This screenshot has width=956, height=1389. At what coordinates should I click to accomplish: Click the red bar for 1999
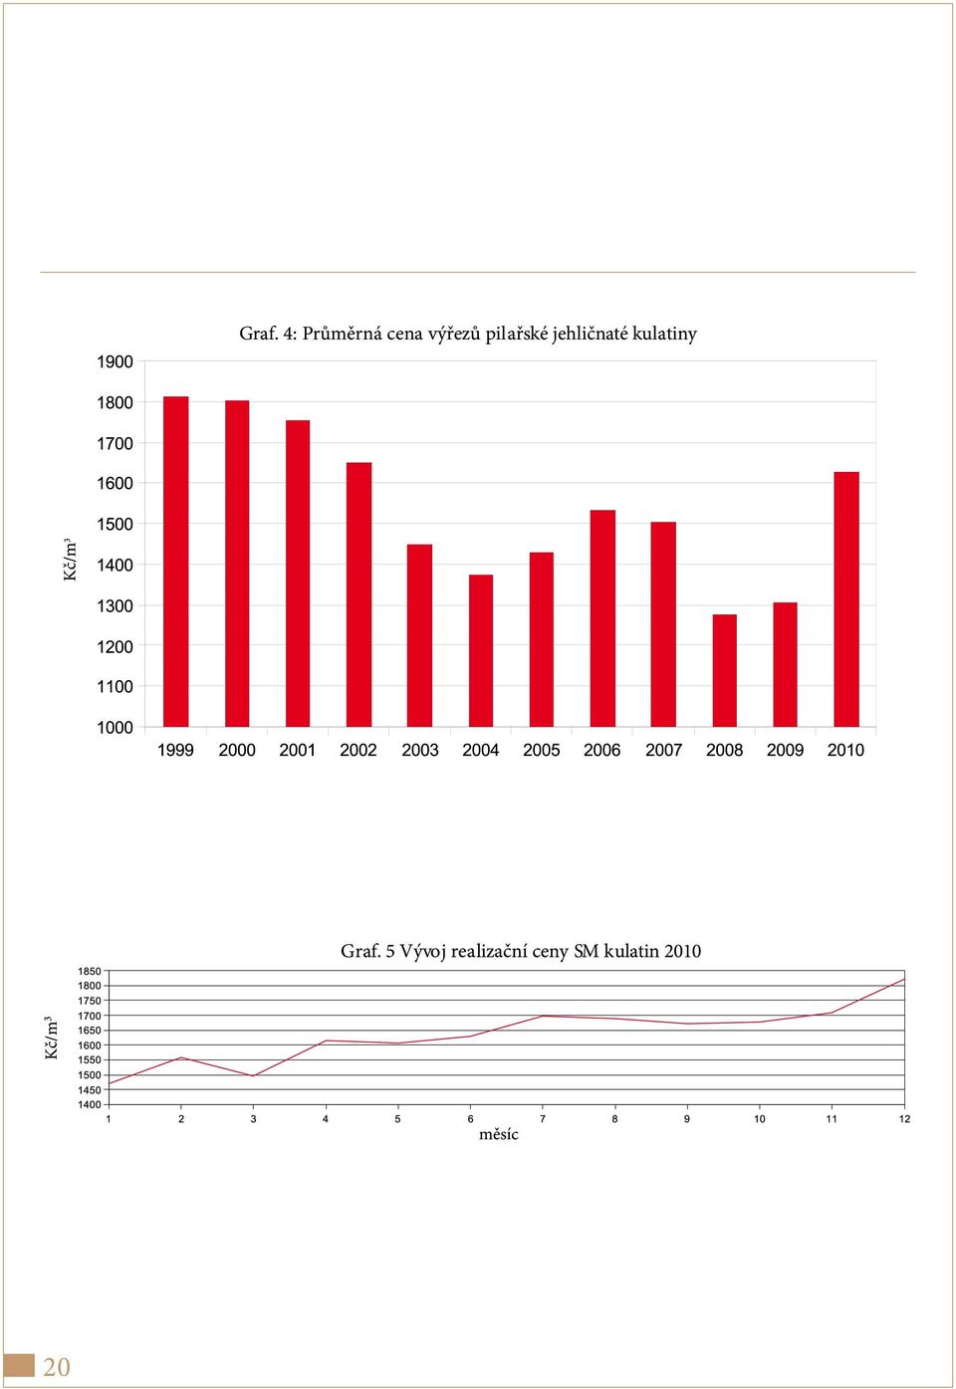175,562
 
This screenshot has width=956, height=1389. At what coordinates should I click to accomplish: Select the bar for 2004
480,650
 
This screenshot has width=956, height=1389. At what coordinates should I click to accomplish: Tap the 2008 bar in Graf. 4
724,670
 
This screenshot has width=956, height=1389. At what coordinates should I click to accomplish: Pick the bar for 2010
846,599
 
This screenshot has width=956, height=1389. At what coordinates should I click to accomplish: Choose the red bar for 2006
602,618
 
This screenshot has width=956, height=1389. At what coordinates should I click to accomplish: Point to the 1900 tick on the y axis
115,362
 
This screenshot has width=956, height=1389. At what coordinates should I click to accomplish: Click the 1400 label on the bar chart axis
115,565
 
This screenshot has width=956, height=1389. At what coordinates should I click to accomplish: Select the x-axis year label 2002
358,751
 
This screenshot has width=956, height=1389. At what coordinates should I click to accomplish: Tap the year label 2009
785,751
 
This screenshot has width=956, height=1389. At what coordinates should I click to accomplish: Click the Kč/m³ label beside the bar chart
70,560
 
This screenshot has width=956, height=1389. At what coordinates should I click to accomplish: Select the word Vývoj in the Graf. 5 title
423,951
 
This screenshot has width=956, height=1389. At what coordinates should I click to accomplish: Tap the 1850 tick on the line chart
90,971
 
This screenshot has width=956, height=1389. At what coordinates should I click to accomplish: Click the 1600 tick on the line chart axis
90,1045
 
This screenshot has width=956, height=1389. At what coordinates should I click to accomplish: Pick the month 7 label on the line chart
543,1119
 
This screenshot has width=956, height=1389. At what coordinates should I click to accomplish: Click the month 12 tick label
904,1119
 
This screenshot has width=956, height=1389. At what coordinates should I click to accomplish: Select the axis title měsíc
499,1135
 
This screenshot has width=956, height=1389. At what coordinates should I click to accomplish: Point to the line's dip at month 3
253,1076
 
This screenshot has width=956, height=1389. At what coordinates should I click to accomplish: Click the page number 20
57,1367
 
